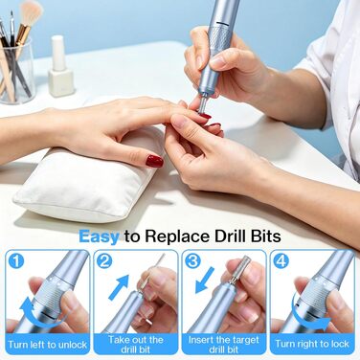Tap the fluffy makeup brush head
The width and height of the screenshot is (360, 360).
32,13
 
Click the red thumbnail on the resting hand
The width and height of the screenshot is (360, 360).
154,161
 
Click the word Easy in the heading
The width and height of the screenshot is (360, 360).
99,236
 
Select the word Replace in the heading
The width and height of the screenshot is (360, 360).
177,236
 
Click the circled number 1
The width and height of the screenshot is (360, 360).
16,260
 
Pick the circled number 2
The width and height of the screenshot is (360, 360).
104,260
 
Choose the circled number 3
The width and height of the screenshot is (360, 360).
192,260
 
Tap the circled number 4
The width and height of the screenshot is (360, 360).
281,260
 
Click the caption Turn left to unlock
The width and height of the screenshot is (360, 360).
48,345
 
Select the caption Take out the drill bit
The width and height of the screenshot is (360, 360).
136,344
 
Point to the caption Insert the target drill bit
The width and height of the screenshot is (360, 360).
224,344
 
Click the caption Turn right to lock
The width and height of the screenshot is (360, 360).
312,344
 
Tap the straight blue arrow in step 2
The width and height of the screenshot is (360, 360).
119,287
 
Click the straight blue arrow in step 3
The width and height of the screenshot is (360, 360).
205,280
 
